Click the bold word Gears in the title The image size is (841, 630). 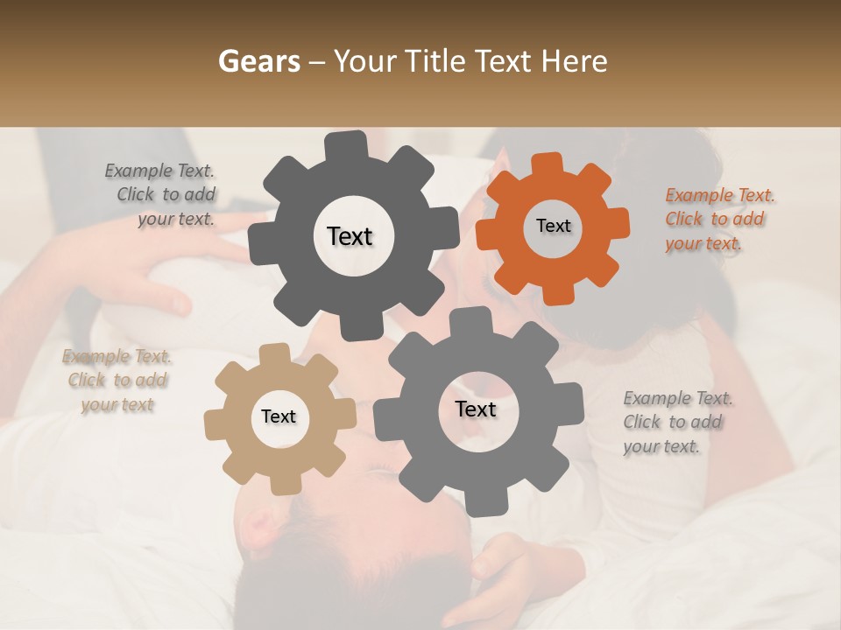258,61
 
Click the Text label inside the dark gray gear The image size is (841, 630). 350,236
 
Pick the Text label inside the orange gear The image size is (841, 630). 553,226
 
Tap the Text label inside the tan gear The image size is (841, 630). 279,416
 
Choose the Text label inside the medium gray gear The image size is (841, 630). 476,409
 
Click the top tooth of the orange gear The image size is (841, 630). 548,164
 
